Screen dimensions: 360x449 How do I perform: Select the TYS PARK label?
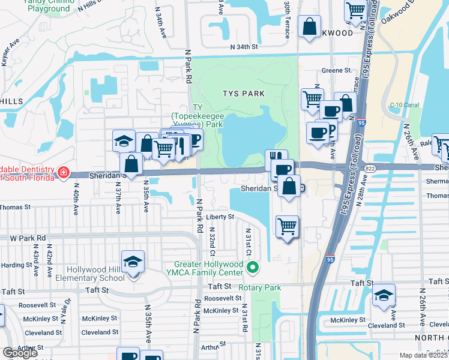click(x=243, y=94)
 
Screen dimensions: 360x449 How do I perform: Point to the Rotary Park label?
click(x=260, y=287)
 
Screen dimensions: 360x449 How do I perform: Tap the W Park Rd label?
click(x=28, y=238)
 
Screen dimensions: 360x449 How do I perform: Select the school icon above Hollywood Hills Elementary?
click(x=133, y=262)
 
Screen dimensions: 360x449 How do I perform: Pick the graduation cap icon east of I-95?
click(x=384, y=296)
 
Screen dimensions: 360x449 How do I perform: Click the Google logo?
click(x=19, y=353)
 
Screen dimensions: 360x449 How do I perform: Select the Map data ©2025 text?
click(x=423, y=355)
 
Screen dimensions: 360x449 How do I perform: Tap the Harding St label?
click(x=16, y=265)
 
